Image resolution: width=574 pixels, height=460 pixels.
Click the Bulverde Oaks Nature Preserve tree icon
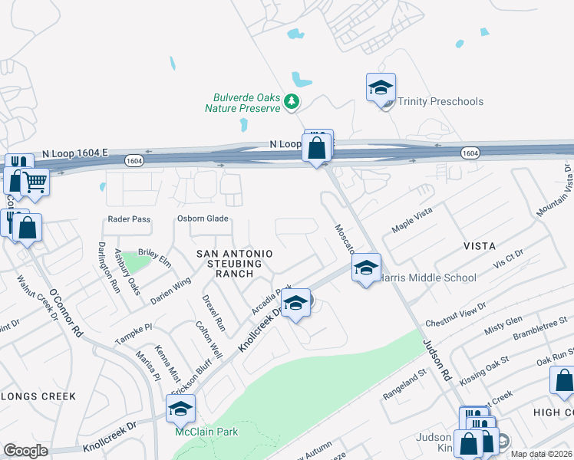pos(291,101)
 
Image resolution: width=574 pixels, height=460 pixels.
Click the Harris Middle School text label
pos(428,278)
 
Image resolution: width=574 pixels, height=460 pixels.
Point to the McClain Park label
pos(206,432)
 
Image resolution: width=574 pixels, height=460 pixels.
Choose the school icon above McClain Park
pos(181,409)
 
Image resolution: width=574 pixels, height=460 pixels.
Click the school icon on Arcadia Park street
pos(295,304)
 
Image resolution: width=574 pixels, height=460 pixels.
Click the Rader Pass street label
pos(129,219)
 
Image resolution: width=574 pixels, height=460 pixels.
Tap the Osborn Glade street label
pos(203,219)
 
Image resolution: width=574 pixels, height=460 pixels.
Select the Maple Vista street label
pos(412,219)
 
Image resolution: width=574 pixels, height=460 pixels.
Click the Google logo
pos(26,450)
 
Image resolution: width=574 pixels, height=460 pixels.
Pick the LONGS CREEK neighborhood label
pos(38,396)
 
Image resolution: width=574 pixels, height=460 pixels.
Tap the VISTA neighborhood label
pos(480,245)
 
